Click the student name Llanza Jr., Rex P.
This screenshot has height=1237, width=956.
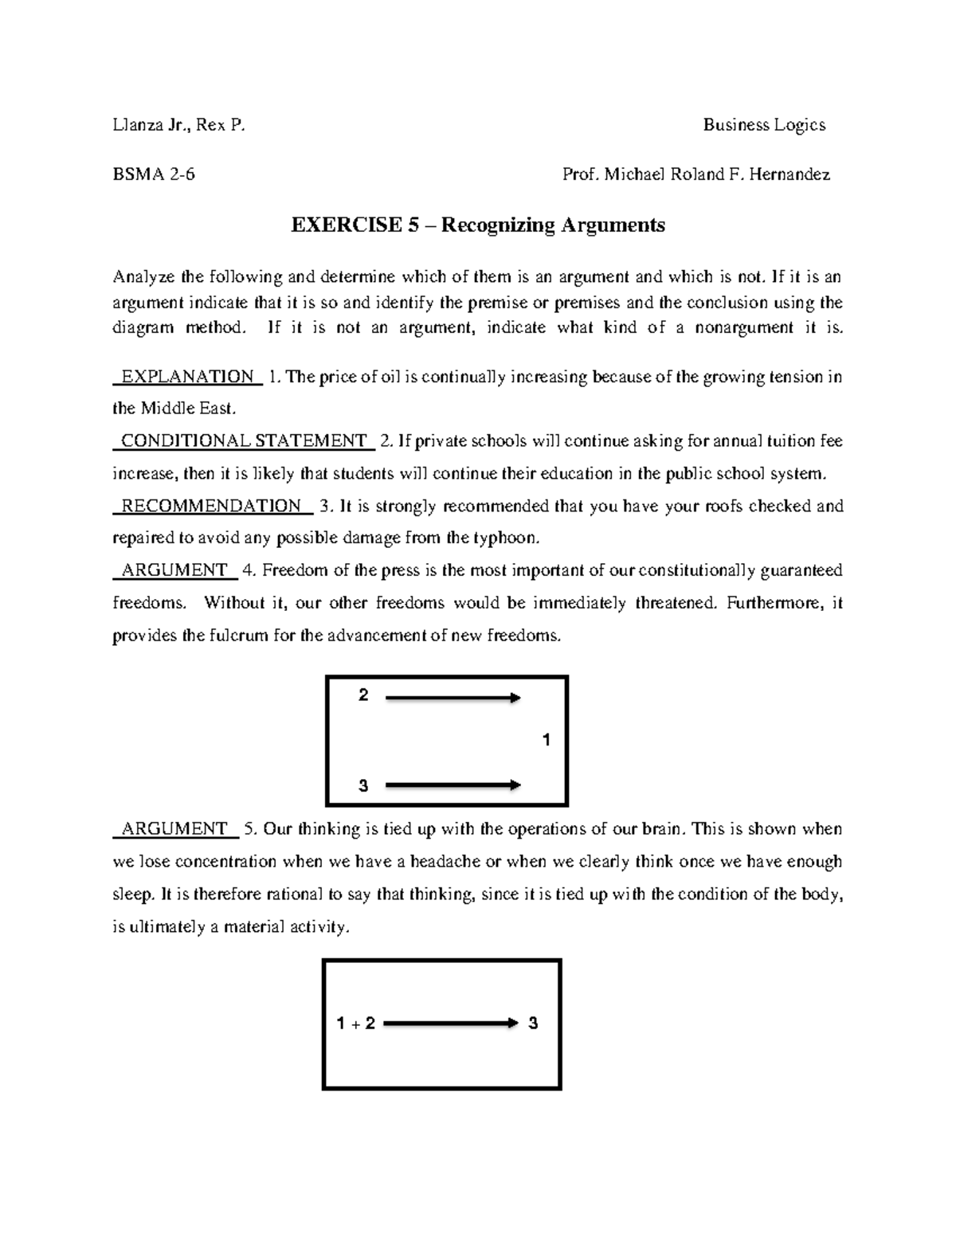pos(179,125)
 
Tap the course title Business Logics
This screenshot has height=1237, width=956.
pos(763,125)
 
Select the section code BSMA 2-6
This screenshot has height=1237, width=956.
pos(154,174)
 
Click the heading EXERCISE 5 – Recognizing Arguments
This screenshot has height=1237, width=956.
pos(477,225)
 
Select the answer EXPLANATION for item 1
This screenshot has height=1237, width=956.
pos(187,377)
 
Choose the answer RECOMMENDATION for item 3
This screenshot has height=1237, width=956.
pos(211,506)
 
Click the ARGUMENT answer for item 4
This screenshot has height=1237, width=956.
pos(174,570)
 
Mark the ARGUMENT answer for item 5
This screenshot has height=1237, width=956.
pos(174,829)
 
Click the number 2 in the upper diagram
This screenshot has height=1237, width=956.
pos(363,696)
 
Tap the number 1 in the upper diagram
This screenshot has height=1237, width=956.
pos(546,741)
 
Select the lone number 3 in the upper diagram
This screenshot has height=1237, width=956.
pos(363,786)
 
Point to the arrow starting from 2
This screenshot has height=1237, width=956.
pos(453,699)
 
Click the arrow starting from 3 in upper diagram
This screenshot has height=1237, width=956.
pos(453,785)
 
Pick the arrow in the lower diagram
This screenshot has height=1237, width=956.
pos(450,1024)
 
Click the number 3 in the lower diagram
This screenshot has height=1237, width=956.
pos(533,1024)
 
